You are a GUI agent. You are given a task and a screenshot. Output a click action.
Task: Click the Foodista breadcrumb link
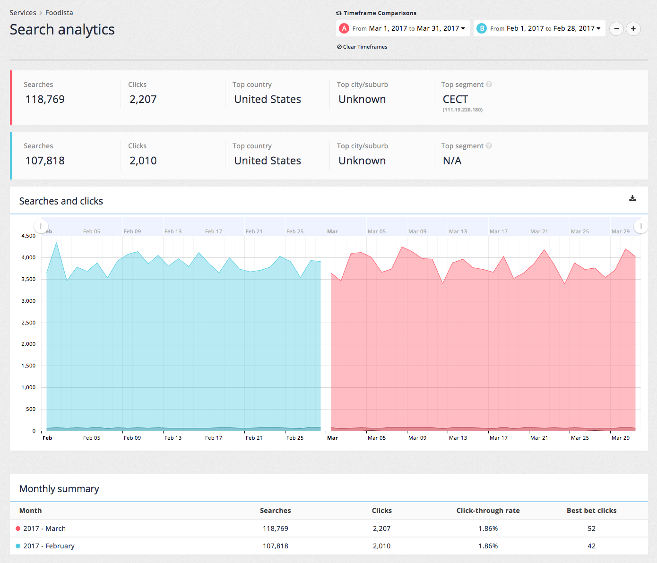(59, 13)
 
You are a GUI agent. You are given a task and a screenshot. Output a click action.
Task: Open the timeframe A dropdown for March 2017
(403, 28)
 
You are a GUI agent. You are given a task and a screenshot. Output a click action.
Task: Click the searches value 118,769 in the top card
(45, 99)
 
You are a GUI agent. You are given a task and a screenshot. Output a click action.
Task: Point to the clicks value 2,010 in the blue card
(143, 161)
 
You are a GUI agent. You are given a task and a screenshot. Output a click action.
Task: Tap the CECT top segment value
(455, 99)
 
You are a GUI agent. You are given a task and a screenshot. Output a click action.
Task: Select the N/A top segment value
(452, 161)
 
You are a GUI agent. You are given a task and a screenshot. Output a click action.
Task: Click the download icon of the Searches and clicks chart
(632, 198)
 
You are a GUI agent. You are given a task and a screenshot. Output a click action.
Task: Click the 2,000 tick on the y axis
(28, 344)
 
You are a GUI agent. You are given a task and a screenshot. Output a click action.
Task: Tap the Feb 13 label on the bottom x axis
(173, 438)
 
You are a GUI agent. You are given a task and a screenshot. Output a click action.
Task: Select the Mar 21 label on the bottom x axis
(539, 438)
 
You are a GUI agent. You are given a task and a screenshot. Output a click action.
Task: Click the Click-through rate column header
(488, 511)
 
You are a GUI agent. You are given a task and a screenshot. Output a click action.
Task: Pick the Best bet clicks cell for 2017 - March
(591, 529)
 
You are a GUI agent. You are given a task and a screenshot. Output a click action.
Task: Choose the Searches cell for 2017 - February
(276, 546)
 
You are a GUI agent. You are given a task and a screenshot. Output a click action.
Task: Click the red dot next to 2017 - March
(18, 529)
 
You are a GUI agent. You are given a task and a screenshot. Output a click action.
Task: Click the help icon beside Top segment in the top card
(489, 85)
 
